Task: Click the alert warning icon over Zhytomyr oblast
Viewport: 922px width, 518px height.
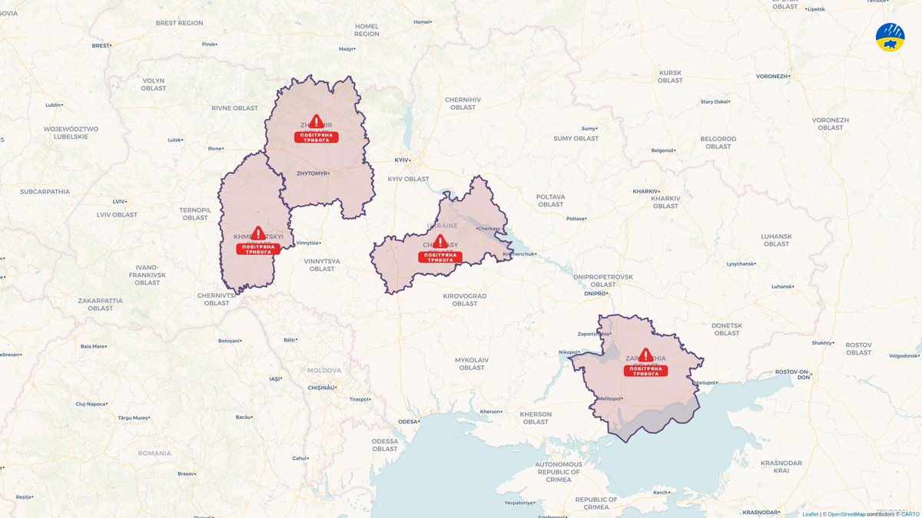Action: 316,121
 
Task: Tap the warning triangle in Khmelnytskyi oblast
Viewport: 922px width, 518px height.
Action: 258,233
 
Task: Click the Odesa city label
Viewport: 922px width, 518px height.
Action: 409,421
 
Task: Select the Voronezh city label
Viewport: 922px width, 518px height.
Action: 771,77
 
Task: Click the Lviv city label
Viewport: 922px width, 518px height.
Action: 118,201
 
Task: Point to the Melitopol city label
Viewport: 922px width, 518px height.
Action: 608,398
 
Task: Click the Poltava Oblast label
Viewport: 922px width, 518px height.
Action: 550,200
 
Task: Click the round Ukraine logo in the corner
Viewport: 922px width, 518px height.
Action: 890,37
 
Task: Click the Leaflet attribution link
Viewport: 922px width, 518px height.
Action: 810,513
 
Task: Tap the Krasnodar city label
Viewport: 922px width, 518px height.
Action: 759,512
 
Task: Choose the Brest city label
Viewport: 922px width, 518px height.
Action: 101,45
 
